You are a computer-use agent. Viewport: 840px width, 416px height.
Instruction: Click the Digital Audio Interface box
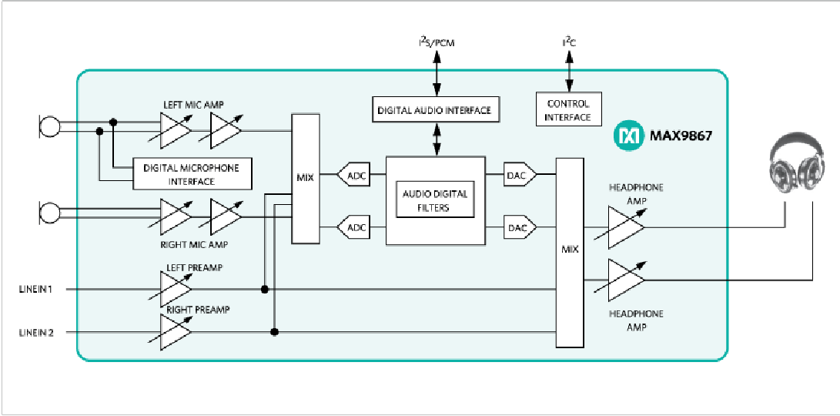click(434, 110)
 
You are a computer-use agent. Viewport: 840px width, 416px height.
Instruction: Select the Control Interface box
click(568, 110)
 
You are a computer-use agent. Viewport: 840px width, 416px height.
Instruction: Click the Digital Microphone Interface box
click(192, 174)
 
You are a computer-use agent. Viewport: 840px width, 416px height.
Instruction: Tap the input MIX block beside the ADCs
click(304, 178)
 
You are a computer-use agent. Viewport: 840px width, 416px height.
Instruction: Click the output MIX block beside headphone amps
click(570, 252)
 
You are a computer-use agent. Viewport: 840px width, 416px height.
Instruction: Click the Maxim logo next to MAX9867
click(627, 136)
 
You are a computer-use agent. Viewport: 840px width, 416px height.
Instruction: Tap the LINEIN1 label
click(36, 290)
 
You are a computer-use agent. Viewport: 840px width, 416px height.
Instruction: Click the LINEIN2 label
click(36, 333)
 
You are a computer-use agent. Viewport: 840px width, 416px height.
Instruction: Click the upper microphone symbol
click(49, 127)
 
